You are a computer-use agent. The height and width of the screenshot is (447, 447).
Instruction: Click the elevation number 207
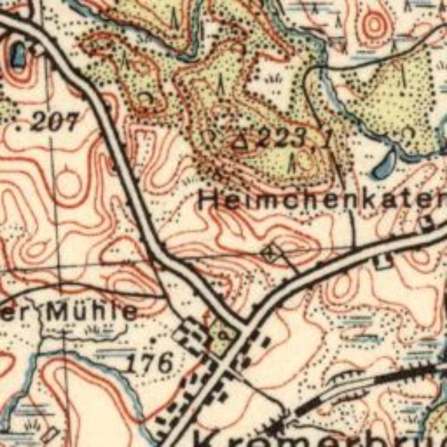tap(54, 122)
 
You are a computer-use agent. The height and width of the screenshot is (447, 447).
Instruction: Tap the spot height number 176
tap(150, 362)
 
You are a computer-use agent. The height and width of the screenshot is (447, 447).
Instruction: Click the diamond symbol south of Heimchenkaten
tap(270, 252)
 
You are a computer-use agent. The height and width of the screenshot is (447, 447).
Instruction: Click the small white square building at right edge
tap(429, 223)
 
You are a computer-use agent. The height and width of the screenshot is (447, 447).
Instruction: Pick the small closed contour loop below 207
tap(71, 176)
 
